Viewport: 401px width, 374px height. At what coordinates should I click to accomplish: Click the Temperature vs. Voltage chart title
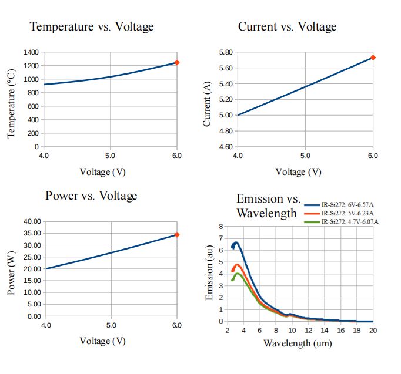coord(91,26)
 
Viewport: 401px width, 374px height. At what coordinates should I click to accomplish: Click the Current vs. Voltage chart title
coord(287,26)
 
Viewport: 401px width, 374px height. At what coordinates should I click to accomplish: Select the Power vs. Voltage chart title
coord(91,196)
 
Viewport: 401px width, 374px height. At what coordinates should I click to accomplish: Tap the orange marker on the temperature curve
coord(177,62)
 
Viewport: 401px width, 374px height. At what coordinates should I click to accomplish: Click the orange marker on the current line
coord(373,58)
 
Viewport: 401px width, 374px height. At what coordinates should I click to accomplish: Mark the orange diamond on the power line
coord(177,235)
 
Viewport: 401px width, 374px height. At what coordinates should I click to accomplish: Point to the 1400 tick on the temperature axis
coord(31,52)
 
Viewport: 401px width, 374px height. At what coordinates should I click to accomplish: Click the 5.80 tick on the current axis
coord(225,52)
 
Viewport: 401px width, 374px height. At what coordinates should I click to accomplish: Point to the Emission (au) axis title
coord(210,274)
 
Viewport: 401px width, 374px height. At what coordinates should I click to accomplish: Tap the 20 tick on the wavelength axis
coord(373,330)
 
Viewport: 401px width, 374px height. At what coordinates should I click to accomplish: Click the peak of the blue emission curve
coord(236,242)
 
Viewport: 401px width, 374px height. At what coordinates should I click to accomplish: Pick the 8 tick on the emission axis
coord(220,227)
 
